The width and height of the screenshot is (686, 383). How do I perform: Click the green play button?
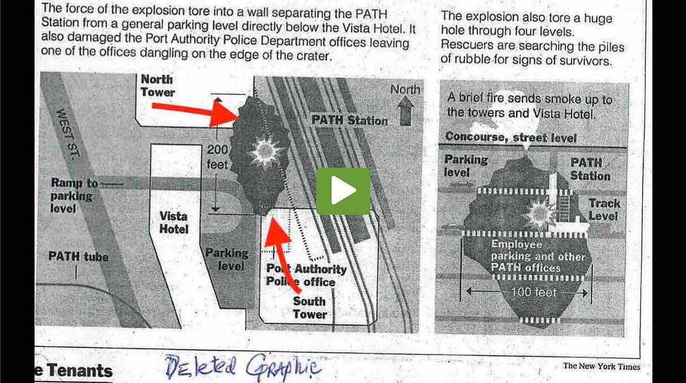pos(343,191)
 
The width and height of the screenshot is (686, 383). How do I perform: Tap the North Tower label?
pos(157,86)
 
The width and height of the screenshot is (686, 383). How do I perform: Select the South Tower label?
pos(310,307)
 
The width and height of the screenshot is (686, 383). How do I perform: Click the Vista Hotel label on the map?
pos(173,223)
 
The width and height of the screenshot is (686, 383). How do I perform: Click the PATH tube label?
pos(78,257)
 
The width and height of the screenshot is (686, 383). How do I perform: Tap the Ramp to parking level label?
pos(74,195)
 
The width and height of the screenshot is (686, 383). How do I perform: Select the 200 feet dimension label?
pos(217,157)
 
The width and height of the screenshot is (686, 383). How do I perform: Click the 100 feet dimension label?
pos(533,293)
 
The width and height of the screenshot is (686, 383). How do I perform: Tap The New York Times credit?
pos(601,366)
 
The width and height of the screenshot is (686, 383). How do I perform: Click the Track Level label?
pos(604,210)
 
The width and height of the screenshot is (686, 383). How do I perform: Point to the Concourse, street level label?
pos(511,137)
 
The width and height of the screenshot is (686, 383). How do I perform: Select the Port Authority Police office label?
pos(306,276)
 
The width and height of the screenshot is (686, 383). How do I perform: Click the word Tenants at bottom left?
pos(80,371)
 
